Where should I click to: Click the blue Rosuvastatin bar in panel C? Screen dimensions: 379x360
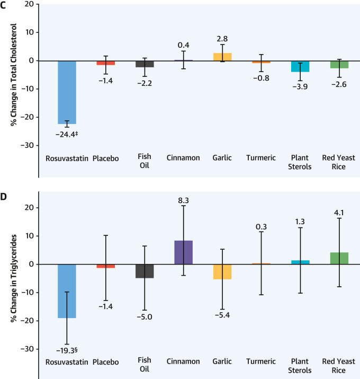coord(67,92)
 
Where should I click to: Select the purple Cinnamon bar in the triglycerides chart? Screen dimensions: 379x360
coord(184,252)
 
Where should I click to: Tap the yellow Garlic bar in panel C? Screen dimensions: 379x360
coord(222,57)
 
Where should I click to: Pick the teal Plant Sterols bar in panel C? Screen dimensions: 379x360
coord(300,66)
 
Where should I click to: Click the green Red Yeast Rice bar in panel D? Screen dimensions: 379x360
coord(339,258)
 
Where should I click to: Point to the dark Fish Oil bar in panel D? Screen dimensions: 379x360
coord(145,271)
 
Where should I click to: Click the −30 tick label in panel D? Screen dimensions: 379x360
coord(25,349)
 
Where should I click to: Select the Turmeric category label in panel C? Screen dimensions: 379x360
coord(261,158)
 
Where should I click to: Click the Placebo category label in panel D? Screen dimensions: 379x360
coord(106,362)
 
